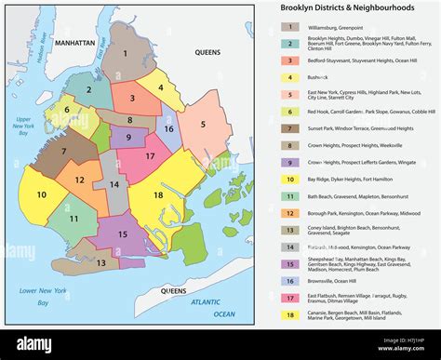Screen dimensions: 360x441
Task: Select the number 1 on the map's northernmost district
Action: tap(127, 52)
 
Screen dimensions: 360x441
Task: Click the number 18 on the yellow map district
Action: tap(159, 195)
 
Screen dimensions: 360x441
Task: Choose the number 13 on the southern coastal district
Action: tap(100, 264)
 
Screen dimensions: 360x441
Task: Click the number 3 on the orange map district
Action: tap(133, 97)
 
